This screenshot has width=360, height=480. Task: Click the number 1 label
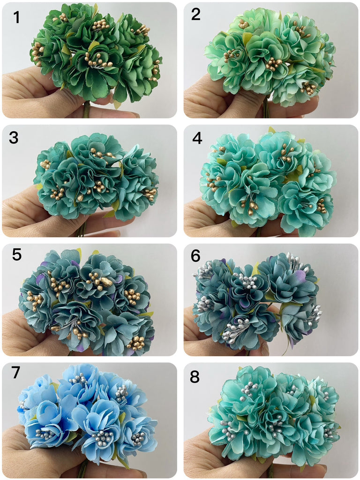(x=16, y=17)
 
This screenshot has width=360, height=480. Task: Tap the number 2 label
(x=195, y=15)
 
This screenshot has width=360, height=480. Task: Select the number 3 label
(x=14, y=138)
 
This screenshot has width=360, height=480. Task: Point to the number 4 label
(x=197, y=138)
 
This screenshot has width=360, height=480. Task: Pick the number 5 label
(x=17, y=255)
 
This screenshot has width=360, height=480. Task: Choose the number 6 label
(x=195, y=255)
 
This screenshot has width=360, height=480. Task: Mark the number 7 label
(x=15, y=372)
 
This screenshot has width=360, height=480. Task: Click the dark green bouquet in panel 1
(x=97, y=53)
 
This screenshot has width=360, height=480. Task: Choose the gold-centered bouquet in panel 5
(x=87, y=301)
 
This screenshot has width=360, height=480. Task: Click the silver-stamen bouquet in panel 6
(x=257, y=301)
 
